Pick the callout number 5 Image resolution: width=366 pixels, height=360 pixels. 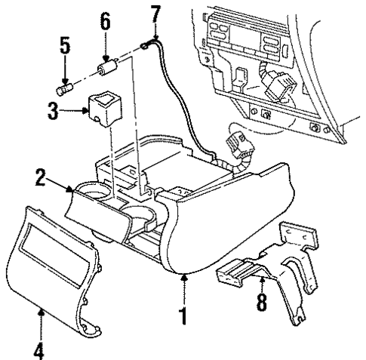(x=66, y=47)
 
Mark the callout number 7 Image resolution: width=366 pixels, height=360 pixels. (x=155, y=14)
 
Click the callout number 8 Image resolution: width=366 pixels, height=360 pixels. (x=262, y=304)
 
